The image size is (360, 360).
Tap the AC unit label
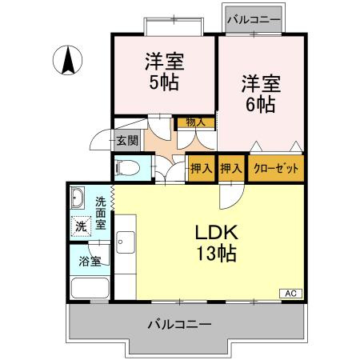tap(290, 294)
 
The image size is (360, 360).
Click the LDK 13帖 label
tap(215, 244)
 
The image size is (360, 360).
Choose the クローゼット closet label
tap(275, 169)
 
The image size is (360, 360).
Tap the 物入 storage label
tap(195, 122)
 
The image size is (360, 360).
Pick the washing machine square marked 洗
tap(81, 226)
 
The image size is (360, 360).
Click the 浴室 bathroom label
tap(90, 261)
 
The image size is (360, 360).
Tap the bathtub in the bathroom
tap(90, 287)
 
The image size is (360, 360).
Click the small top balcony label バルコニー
tap(251, 17)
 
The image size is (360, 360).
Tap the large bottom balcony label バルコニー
tap(180, 326)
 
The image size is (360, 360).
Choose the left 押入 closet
tap(201, 169)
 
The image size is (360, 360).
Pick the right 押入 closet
tap(231, 169)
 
